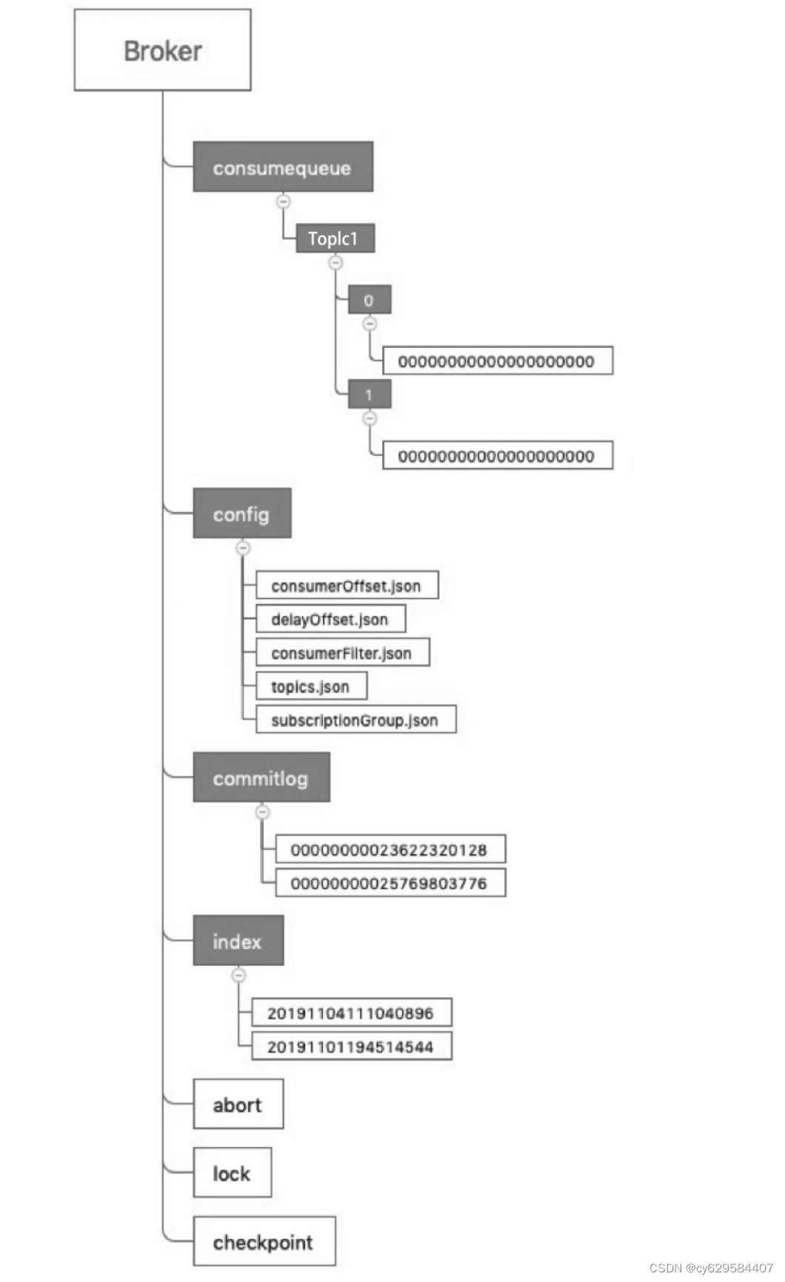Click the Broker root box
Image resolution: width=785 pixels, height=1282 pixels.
click(x=162, y=50)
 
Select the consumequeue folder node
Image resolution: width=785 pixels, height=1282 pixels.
click(x=282, y=167)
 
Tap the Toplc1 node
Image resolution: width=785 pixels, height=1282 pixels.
click(x=335, y=238)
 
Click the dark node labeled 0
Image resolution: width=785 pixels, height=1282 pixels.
click(x=369, y=300)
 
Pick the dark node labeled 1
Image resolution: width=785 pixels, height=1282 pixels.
click(x=369, y=395)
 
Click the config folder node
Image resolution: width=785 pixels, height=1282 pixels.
click(x=241, y=514)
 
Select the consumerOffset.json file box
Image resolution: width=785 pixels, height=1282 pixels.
click(x=347, y=585)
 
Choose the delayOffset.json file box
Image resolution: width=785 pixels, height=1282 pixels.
click(x=330, y=620)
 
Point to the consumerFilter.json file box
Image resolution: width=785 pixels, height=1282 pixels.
click(x=342, y=653)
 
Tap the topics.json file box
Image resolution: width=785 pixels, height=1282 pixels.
click(x=311, y=686)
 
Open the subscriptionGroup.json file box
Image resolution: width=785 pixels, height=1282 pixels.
click(x=355, y=720)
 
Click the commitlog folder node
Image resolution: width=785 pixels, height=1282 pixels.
click(x=261, y=778)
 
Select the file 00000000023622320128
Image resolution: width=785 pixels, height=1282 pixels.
click(x=390, y=850)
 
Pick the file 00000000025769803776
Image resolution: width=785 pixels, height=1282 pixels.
click(x=390, y=883)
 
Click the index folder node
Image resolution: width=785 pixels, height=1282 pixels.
click(x=238, y=941)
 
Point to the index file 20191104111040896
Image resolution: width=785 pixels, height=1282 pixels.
click(x=351, y=1013)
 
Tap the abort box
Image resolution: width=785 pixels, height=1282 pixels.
click(x=238, y=1104)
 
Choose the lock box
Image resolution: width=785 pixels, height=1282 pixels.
click(x=232, y=1173)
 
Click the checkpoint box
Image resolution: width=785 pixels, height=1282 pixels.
click(x=264, y=1242)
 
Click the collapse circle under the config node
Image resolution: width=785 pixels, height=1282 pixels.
click(x=243, y=548)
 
